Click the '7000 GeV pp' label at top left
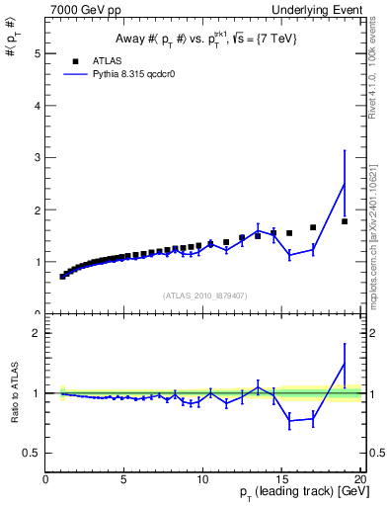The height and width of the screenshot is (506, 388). coord(80,11)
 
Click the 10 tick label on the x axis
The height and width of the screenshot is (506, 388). coord(202,479)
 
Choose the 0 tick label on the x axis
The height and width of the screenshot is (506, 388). coord(45,479)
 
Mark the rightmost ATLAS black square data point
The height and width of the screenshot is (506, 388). coord(345,221)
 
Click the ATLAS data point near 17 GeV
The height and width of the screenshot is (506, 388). coord(313,227)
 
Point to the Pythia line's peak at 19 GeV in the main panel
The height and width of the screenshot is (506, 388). coord(345,184)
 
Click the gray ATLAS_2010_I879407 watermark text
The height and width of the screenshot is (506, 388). coord(204,295)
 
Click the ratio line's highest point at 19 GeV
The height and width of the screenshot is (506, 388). coord(345,364)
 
